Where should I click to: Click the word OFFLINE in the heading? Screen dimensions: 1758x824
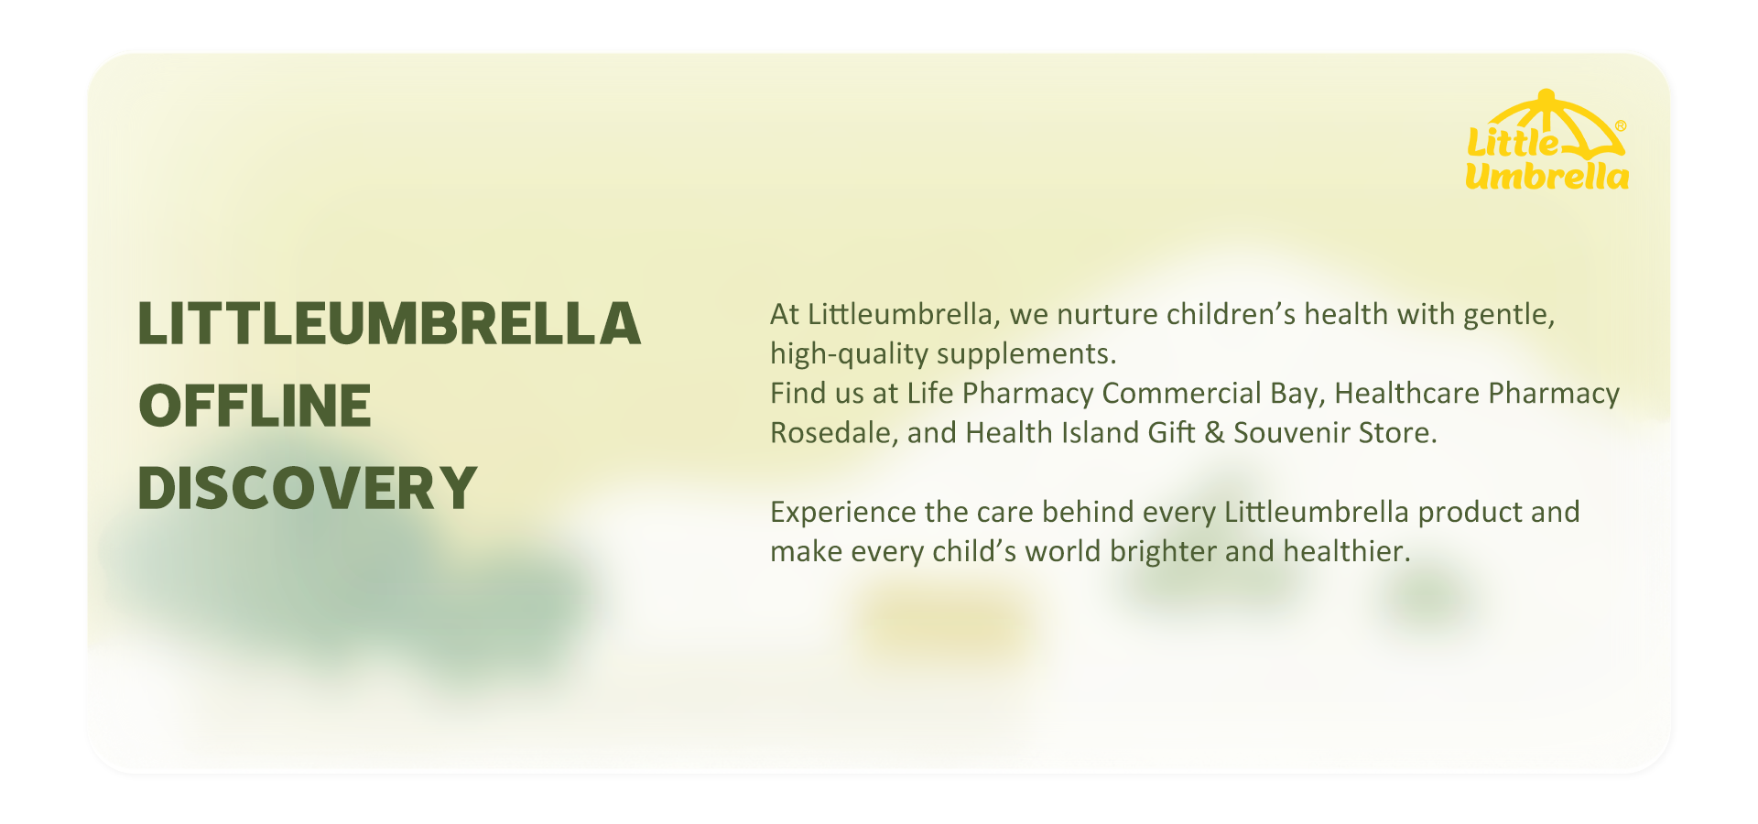pyautogui.click(x=255, y=406)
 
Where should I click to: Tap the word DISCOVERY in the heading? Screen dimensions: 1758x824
pyautogui.click(x=308, y=487)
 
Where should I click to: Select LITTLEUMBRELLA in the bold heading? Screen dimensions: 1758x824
pyautogui.click(x=389, y=324)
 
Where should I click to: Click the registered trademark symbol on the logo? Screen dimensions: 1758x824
pyautogui.click(x=1621, y=126)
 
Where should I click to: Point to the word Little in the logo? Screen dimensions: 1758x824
pyautogui.click(x=1513, y=142)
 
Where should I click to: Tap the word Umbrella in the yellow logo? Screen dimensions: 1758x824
pyautogui.click(x=1546, y=175)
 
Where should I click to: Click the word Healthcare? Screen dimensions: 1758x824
pyautogui.click(x=1406, y=394)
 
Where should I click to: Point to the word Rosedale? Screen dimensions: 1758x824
pyautogui.click(x=834, y=433)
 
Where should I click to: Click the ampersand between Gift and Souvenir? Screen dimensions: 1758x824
pyautogui.click(x=1214, y=433)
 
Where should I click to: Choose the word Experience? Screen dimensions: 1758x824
pyautogui.click(x=842, y=513)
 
